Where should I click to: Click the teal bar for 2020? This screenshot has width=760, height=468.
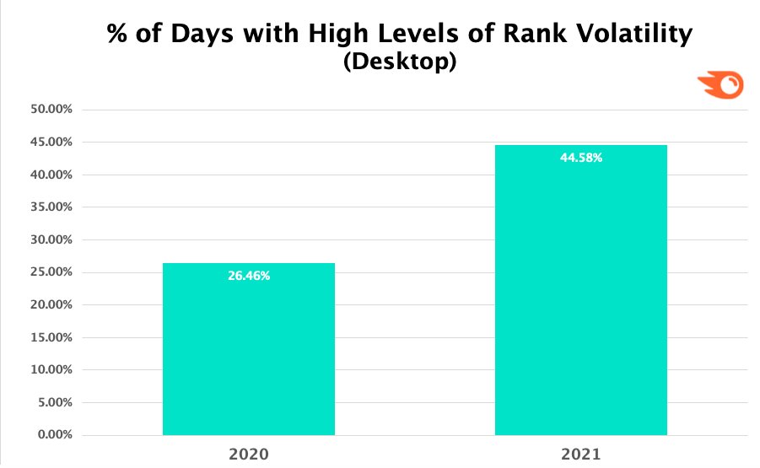tap(249, 354)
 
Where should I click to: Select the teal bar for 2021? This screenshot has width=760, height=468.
tap(581, 295)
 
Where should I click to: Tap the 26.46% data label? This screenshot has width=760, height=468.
tap(249, 276)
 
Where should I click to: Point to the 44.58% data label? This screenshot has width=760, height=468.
tap(581, 158)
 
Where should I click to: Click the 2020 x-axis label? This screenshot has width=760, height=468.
tap(249, 455)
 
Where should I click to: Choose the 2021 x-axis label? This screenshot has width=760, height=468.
tap(581, 455)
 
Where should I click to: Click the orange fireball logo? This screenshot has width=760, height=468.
tap(720, 86)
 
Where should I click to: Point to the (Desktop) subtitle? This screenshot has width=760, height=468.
tap(400, 63)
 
